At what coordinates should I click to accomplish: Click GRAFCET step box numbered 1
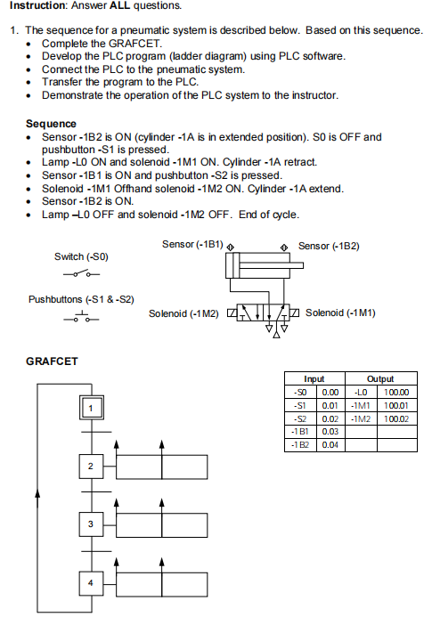(x=90, y=408)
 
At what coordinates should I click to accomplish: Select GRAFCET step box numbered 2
(x=90, y=467)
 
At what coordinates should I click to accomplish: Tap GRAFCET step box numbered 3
(x=90, y=524)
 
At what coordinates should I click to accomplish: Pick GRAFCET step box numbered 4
(x=90, y=583)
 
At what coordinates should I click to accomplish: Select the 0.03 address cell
(x=330, y=431)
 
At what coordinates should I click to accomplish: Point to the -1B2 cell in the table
(x=300, y=444)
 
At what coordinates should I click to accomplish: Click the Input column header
(x=314, y=378)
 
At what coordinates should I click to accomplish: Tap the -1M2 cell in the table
(x=360, y=418)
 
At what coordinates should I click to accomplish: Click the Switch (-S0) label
(x=81, y=256)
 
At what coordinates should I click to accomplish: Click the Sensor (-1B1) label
(x=192, y=244)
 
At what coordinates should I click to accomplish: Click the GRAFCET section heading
(x=52, y=361)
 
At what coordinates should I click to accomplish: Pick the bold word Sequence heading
(x=51, y=123)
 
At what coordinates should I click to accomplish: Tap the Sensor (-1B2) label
(x=328, y=245)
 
